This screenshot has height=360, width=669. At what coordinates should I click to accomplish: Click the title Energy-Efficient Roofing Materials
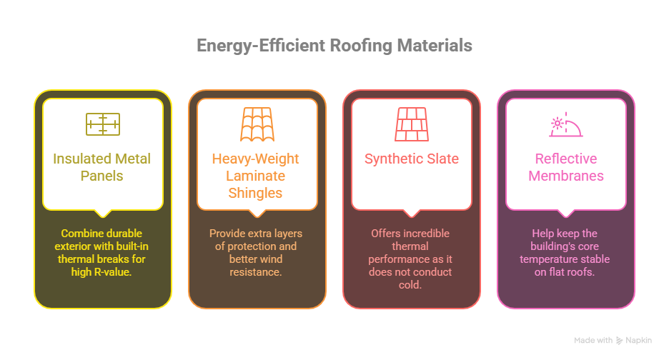[x=334, y=46]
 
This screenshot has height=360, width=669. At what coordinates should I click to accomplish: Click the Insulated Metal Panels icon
[x=102, y=124]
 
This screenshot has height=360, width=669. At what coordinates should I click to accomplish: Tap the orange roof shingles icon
[x=257, y=124]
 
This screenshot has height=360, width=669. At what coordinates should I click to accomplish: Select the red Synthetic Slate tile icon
[x=411, y=124]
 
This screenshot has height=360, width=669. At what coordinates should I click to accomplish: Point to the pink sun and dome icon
[x=565, y=124]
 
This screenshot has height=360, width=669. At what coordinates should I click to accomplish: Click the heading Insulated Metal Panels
[x=102, y=167]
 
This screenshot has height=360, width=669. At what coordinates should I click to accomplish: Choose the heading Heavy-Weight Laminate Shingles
[x=257, y=176]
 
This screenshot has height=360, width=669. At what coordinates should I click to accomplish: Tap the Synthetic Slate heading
[x=411, y=159]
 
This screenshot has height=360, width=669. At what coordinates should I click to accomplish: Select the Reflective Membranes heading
[x=565, y=167]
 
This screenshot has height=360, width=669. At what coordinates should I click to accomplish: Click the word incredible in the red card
[x=426, y=234]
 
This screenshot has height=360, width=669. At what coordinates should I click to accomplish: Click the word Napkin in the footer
[x=639, y=341]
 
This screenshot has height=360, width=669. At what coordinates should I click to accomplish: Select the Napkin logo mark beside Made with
[x=620, y=341]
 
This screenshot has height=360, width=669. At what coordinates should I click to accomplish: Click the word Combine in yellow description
[x=81, y=234]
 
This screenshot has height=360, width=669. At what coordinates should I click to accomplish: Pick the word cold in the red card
[x=411, y=285]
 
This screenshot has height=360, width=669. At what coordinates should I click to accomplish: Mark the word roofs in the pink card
[x=584, y=272]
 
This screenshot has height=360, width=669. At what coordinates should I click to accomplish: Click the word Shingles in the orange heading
[x=257, y=193]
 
